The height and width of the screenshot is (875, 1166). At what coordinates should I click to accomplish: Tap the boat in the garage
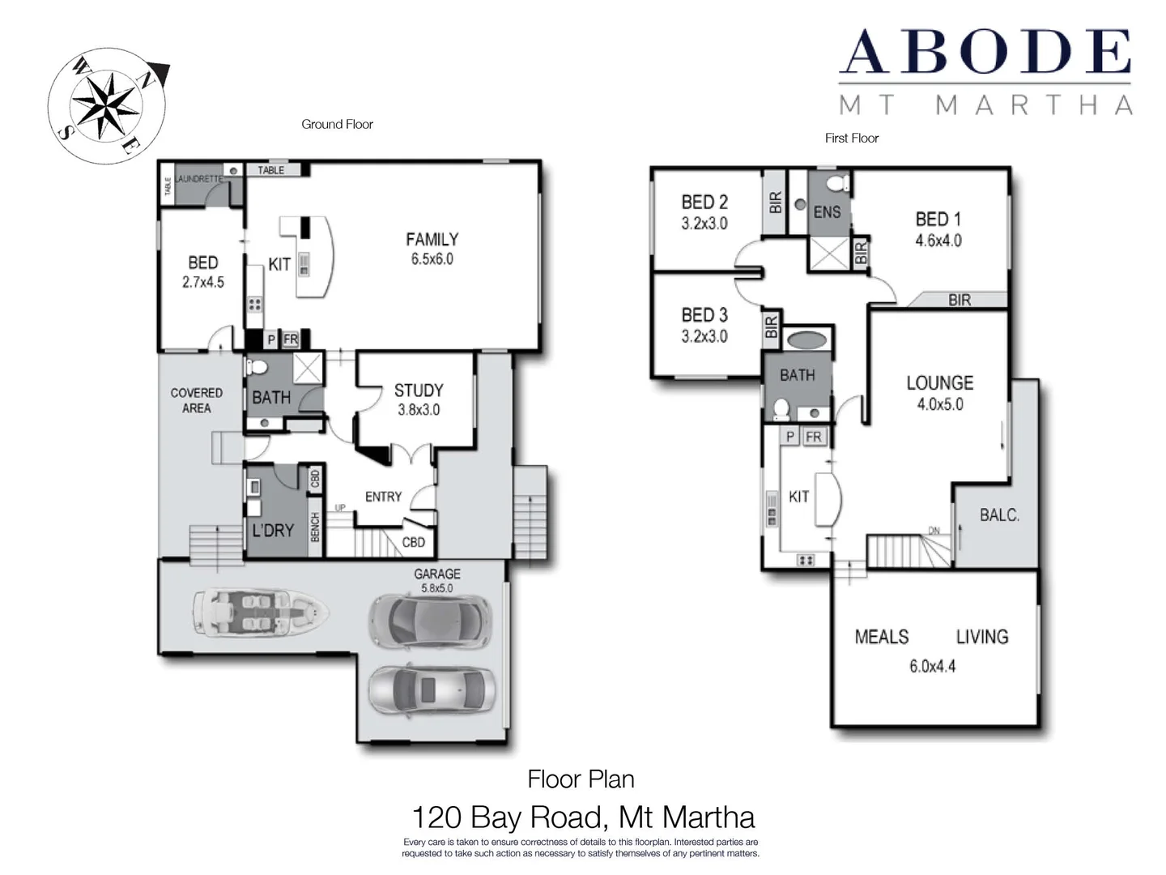tap(260, 612)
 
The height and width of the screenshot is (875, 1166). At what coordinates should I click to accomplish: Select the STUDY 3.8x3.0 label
tap(418, 399)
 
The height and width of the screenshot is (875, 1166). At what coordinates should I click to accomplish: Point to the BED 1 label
tap(938, 229)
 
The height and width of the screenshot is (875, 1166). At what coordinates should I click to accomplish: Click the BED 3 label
tap(704, 325)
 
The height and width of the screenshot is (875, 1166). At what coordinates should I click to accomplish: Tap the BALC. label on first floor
tap(999, 515)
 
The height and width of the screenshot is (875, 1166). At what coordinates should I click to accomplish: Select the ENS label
tap(827, 212)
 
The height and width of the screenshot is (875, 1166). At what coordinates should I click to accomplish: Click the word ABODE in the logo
tap(985, 52)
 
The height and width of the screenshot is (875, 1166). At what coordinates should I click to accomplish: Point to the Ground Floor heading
tap(337, 124)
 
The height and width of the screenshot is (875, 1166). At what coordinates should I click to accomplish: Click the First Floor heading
tap(851, 138)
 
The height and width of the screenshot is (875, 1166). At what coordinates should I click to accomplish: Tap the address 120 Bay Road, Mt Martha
tap(583, 817)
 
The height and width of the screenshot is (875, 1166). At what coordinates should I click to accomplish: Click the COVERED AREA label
tap(196, 400)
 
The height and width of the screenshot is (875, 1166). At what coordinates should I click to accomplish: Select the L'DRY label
tap(273, 530)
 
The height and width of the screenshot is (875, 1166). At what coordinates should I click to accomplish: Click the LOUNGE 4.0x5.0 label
tap(939, 393)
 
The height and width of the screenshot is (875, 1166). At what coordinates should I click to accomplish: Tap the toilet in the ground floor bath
tap(257, 367)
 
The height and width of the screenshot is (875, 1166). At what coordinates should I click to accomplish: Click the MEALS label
tap(882, 637)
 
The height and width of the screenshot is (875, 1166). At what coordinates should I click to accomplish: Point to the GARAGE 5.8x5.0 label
tap(436, 580)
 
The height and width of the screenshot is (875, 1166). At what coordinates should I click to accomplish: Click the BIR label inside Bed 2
tap(775, 202)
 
